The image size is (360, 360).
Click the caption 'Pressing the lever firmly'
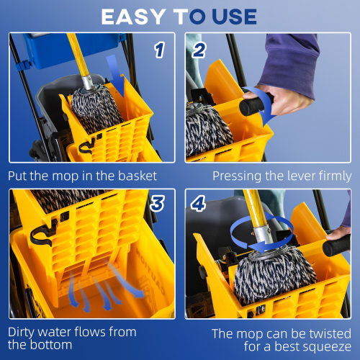(x=282, y=175)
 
